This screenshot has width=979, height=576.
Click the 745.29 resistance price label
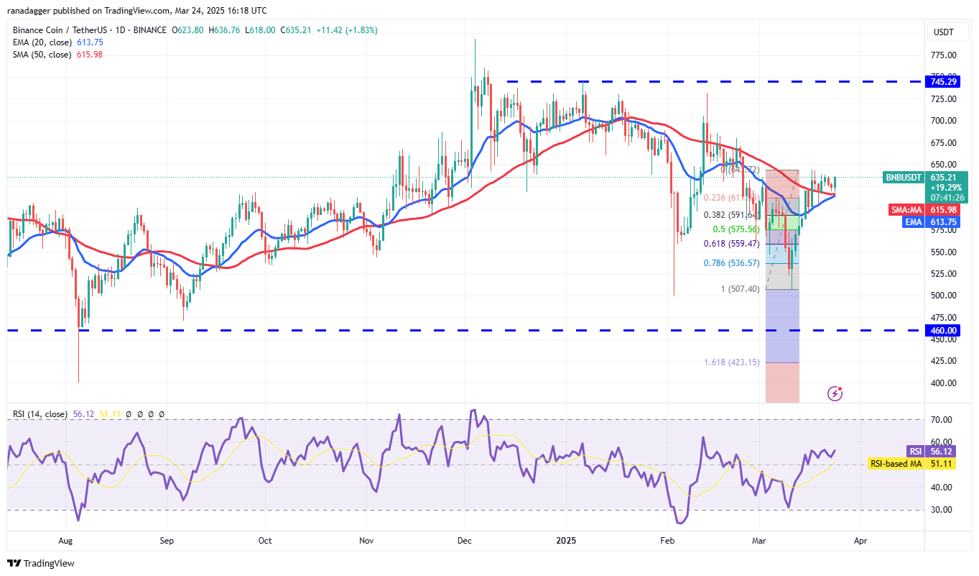coord(943,82)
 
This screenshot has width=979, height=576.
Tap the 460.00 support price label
coord(943,331)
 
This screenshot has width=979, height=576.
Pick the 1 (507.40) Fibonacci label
coord(740,289)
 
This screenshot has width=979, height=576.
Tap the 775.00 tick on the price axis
coord(942,55)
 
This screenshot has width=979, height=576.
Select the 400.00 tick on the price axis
coord(942,383)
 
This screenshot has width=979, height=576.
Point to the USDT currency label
coord(942,32)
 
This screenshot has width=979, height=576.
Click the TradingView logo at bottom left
coord(41,563)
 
